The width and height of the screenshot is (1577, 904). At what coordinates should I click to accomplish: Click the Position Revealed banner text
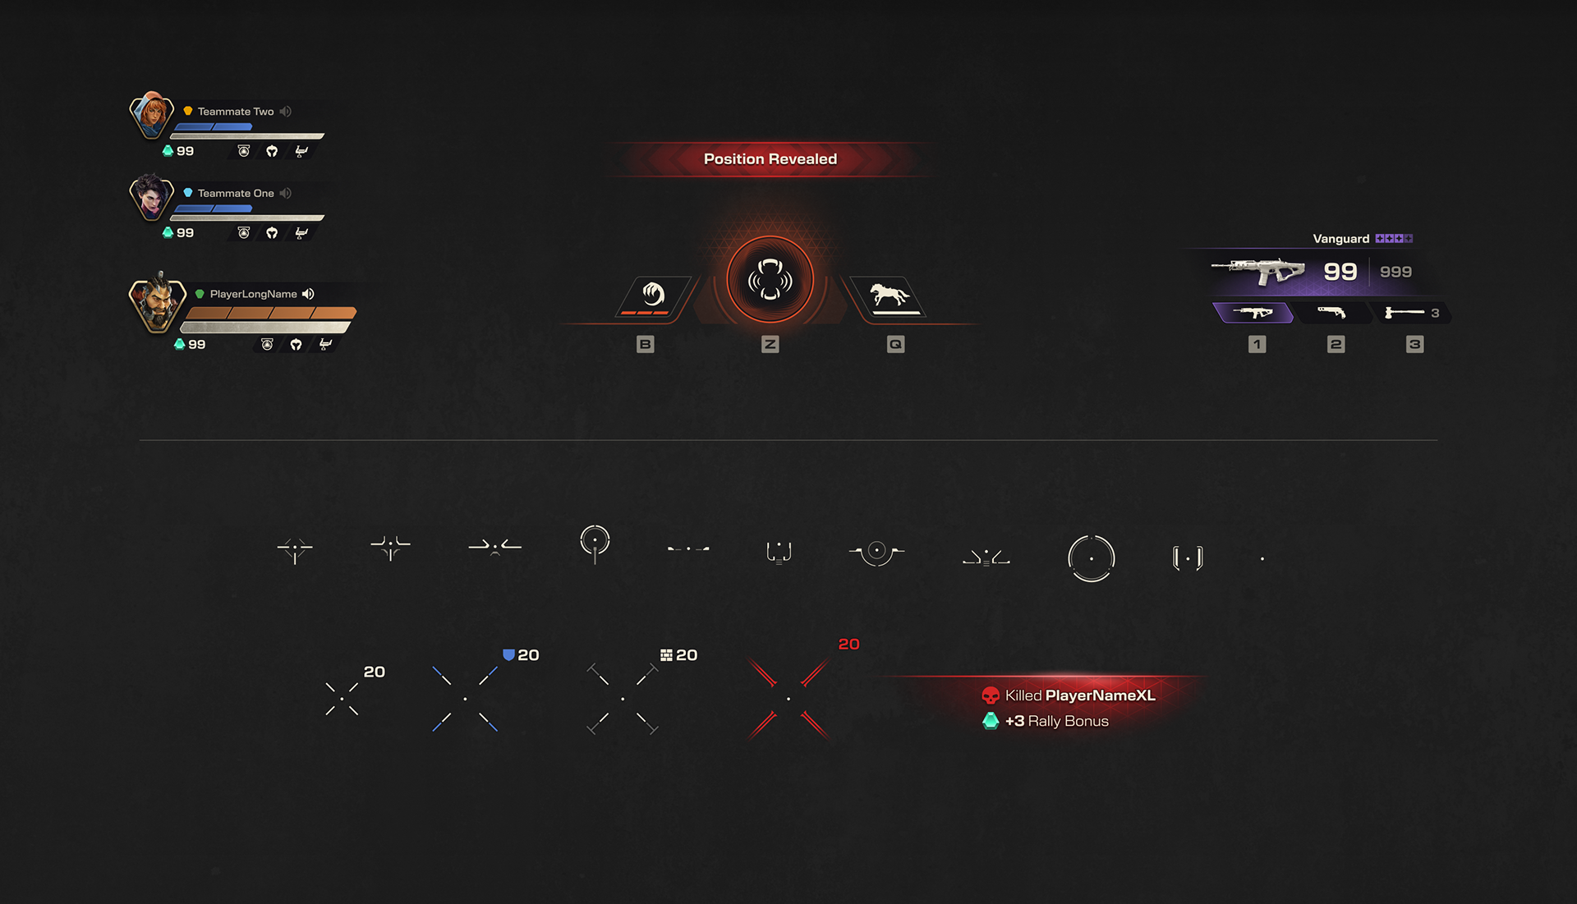click(x=770, y=159)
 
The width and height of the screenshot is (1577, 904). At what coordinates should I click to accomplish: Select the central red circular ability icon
click(x=770, y=280)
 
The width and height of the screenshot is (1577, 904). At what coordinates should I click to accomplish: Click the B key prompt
click(x=645, y=344)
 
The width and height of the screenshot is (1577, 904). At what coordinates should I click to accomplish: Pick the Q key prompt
click(x=895, y=344)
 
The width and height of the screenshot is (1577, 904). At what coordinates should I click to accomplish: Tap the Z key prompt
click(x=770, y=344)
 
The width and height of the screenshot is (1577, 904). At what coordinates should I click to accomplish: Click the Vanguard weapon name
click(x=1340, y=239)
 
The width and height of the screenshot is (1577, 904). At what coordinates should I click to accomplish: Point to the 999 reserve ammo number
click(x=1395, y=272)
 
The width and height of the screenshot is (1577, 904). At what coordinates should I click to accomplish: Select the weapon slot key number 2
click(x=1336, y=344)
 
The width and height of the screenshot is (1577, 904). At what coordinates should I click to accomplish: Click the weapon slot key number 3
click(x=1414, y=344)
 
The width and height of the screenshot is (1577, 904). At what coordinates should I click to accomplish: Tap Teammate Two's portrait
click(x=152, y=114)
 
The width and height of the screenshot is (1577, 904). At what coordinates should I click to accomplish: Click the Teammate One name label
click(x=236, y=194)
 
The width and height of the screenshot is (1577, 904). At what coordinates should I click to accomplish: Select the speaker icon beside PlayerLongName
click(x=309, y=294)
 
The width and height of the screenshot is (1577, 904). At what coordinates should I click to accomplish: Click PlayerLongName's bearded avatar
click(x=157, y=302)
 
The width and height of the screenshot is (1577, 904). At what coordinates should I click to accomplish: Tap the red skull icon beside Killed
click(x=991, y=696)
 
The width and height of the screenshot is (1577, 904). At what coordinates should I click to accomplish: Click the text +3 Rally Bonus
click(x=1056, y=722)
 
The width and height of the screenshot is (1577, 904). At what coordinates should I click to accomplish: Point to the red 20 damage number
click(x=848, y=645)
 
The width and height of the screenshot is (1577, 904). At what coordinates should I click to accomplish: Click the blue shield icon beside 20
click(x=508, y=655)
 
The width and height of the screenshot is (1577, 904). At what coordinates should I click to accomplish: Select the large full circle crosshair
click(x=1091, y=558)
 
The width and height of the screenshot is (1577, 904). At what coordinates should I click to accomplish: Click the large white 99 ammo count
click(x=1340, y=272)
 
